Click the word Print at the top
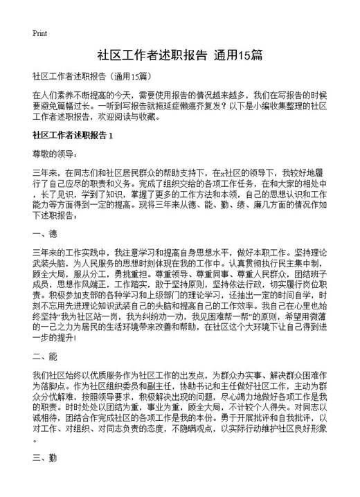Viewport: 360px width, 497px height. pyautogui.click(x=39, y=33)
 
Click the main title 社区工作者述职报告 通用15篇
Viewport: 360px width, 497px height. pyautogui.click(x=179, y=56)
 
